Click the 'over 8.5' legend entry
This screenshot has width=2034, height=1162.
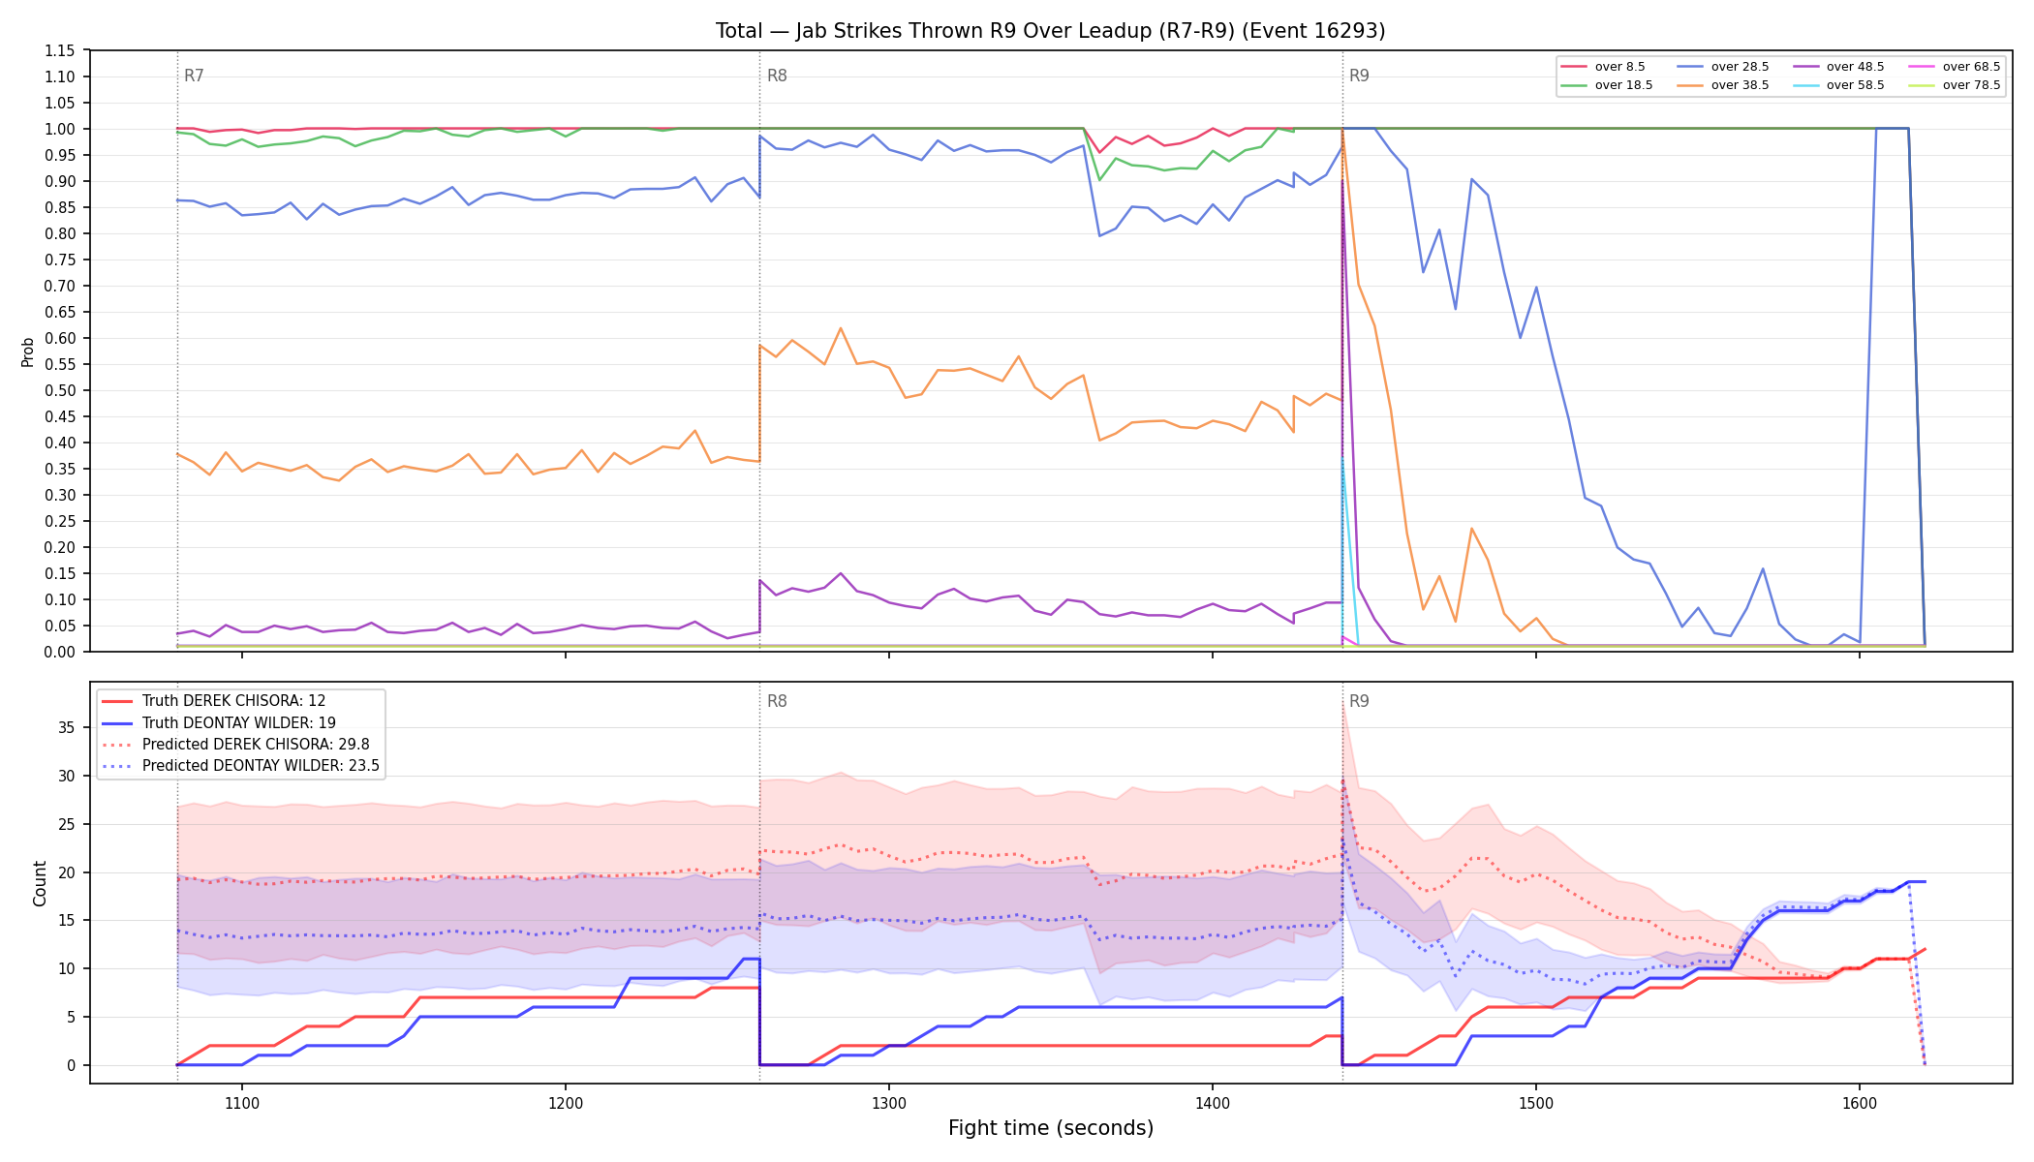1603,67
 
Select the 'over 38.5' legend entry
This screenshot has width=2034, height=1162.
1723,85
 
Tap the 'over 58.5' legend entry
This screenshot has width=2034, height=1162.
1838,85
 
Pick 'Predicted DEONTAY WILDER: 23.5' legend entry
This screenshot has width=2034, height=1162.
241,766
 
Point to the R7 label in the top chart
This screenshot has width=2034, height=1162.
194,76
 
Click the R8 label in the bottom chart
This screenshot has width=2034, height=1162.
777,701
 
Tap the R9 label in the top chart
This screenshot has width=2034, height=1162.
1359,76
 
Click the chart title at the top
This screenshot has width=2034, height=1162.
1051,31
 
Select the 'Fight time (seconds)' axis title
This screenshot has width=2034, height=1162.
1051,1128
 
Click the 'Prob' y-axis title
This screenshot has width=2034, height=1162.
28,352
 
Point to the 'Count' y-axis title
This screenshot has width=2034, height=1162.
40,883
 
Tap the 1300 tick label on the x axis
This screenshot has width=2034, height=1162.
889,1103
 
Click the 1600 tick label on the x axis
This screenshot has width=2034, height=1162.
1860,1103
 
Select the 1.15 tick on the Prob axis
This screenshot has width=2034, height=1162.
59,50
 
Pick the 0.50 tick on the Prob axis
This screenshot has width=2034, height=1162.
59,390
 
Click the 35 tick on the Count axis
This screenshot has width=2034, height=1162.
67,727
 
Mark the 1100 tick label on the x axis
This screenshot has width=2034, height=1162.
242,1103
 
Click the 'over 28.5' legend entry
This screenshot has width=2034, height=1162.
1723,67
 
